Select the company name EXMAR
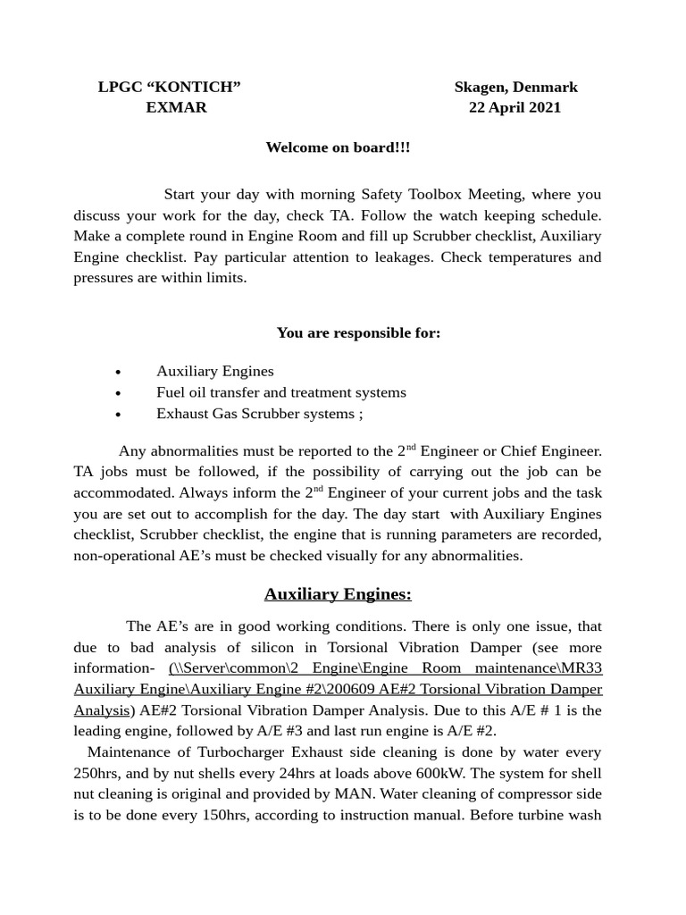point(176,107)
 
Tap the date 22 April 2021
point(515,107)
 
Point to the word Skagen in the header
point(481,87)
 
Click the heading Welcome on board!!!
point(338,147)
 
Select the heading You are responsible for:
point(358,333)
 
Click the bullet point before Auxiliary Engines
point(119,372)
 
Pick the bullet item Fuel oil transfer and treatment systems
point(280,392)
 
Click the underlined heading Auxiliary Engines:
point(338,594)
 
